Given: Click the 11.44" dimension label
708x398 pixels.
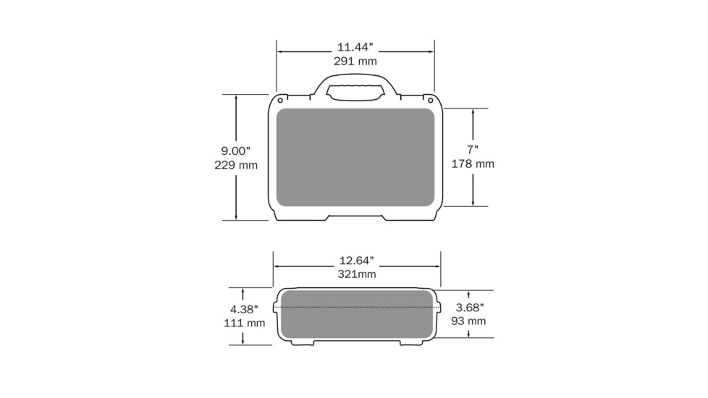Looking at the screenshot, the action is pos(355,47).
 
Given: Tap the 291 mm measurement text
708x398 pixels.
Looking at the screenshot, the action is pos(355,61).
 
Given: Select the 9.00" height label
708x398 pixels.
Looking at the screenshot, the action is pos(235,151).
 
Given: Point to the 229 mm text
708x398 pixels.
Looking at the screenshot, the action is pos(236,165).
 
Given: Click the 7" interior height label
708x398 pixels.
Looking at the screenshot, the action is pos(473,149).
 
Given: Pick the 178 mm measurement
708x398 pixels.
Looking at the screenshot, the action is pos(473,164).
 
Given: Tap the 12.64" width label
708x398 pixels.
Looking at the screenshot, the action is pos(357,261).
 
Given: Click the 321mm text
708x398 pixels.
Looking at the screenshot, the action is pos(357,274).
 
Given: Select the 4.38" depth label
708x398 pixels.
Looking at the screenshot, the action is pos(244,309).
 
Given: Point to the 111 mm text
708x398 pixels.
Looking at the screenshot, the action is pos(244,323).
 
